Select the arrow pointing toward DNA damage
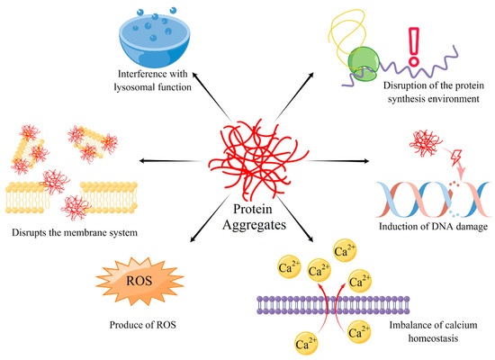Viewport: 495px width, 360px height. [x=341, y=161]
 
